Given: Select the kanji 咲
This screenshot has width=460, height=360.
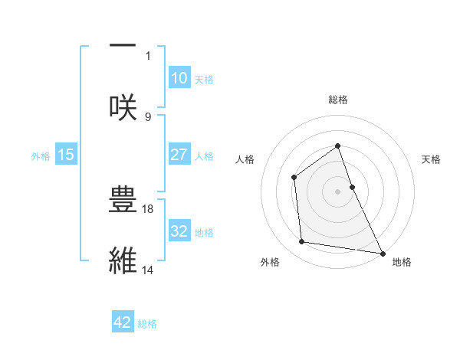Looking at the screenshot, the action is (x=123, y=106).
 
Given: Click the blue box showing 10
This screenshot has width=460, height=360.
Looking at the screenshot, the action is (x=179, y=78).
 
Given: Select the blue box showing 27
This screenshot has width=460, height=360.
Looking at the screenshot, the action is (x=179, y=155).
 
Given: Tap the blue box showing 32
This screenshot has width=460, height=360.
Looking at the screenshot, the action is (x=179, y=231).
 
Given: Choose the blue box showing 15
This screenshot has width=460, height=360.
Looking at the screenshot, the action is (x=66, y=155).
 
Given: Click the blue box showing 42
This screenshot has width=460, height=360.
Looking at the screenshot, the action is (x=123, y=322).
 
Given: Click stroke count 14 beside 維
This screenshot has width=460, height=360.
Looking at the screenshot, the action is (x=148, y=270).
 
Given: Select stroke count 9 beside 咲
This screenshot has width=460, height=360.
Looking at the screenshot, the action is (x=148, y=116).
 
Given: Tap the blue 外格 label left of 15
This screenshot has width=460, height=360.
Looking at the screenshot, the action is (x=41, y=155).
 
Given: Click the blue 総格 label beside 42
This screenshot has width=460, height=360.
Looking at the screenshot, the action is (x=147, y=323).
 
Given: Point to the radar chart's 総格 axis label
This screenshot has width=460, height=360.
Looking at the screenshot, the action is (x=337, y=100).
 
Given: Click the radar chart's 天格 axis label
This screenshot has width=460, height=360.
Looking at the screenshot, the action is (x=431, y=159).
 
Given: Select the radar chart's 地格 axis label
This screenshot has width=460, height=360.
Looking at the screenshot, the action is (x=402, y=263).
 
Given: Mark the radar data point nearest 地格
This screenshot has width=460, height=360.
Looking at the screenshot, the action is (x=382, y=252).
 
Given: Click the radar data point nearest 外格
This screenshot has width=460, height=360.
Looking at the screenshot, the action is (x=303, y=242).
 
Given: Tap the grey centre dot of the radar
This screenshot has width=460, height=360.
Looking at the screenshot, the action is (x=337, y=191).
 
